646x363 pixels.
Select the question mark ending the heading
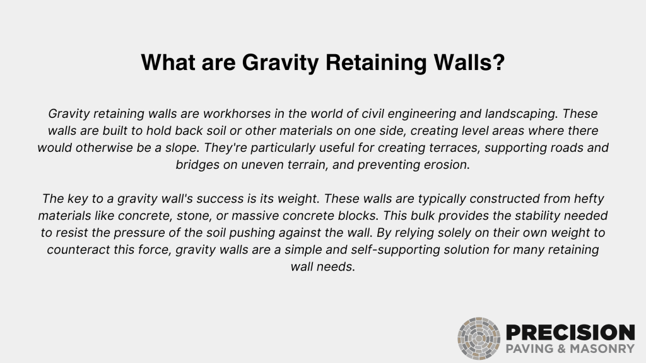tap(498, 63)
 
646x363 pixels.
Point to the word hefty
tap(582, 199)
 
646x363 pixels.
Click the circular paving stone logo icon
tap(479, 338)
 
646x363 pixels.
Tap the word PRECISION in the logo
tap(570, 332)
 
